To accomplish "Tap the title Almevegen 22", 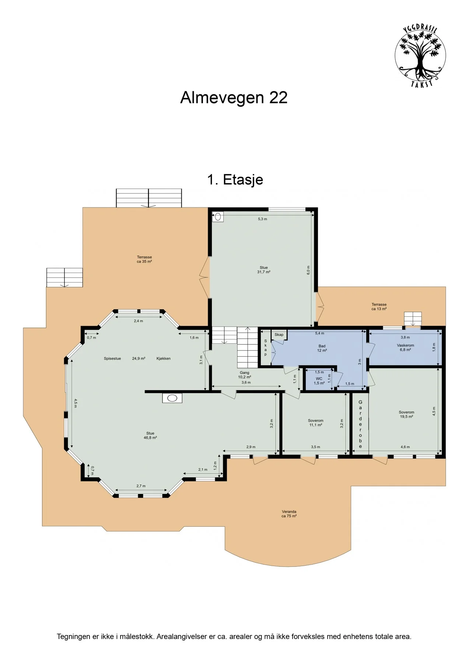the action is [x=234, y=98].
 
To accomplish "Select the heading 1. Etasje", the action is [x=235, y=180].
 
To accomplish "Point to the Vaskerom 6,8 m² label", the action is [x=405, y=348].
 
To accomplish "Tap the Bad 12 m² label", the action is [x=322, y=348].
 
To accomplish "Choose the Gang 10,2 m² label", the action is [x=245, y=375].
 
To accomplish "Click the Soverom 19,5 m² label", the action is [x=406, y=414].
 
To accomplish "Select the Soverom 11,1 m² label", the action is [x=316, y=423].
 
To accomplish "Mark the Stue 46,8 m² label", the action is [x=150, y=435].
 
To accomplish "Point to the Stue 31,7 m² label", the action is [x=264, y=270].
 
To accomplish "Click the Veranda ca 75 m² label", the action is [x=289, y=514].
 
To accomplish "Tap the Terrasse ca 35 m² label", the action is [x=144, y=259].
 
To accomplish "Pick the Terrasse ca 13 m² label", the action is [x=379, y=307].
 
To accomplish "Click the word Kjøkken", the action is [x=164, y=358].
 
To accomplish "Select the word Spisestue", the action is [x=112, y=358].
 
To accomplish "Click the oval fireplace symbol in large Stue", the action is [x=172, y=398].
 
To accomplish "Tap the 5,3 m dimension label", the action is [x=262, y=219].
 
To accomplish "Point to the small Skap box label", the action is [x=279, y=334].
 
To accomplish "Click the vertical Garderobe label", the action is [x=360, y=424].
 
